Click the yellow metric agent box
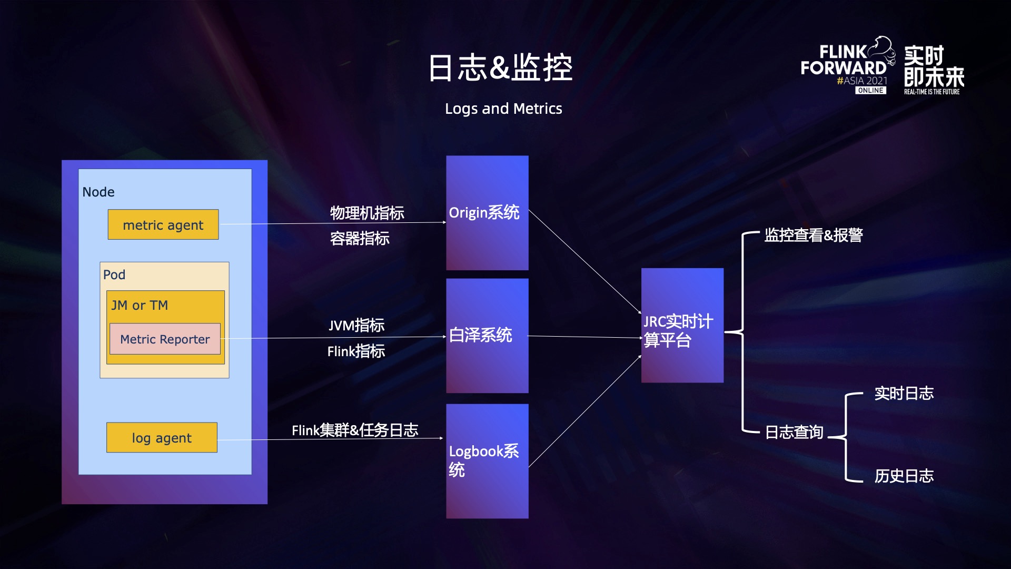(163, 225)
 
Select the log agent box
(162, 438)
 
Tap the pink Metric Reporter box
(165, 339)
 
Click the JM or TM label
(140, 306)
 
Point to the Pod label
(114, 275)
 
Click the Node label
(98, 192)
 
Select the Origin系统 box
(487, 213)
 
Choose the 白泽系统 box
(487, 336)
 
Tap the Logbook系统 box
(487, 461)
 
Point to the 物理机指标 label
(367, 213)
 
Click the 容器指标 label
(360, 239)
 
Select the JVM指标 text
(356, 326)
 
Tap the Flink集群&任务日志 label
(355, 430)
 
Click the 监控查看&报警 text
(814, 236)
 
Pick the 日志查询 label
(794, 433)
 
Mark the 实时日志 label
(904, 394)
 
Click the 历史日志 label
(904, 476)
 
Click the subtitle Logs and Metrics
(503, 109)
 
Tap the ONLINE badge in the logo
(870, 91)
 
